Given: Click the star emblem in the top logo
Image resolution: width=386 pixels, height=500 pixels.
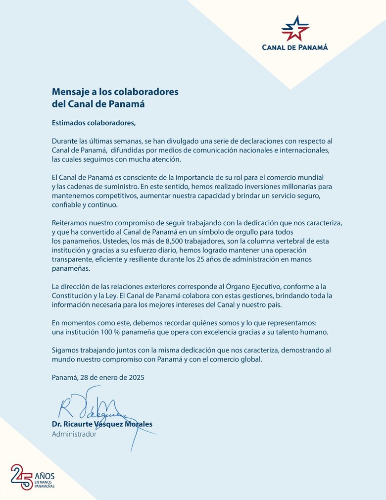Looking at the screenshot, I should point(295,28).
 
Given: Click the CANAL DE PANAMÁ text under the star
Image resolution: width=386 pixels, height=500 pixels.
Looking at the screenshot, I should point(295,48).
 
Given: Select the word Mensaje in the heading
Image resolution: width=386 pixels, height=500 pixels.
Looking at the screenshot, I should point(70,92).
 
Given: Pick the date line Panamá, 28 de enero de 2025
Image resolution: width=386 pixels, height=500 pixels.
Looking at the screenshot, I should point(98,377).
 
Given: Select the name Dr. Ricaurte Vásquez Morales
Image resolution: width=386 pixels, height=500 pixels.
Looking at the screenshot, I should point(102,424).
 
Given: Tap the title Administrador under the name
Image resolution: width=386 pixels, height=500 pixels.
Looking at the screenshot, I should point(74,434).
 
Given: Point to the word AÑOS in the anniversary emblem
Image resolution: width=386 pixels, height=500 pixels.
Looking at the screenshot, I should point(45,476).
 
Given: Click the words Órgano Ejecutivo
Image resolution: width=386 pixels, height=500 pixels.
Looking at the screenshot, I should point(260,287).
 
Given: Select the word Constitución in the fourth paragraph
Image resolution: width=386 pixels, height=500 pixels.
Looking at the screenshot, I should point(75,296).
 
